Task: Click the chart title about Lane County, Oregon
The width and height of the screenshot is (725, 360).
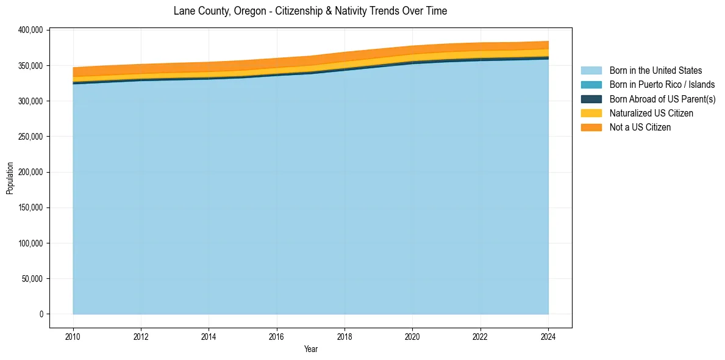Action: (x=310, y=11)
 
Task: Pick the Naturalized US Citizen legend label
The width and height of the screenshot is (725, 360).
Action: (x=651, y=113)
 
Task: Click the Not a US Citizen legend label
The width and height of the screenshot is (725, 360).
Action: (x=640, y=127)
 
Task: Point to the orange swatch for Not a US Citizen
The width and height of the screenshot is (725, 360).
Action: (x=591, y=127)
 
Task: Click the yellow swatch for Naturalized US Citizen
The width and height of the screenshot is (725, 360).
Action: (x=591, y=113)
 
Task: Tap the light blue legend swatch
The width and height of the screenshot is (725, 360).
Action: (x=591, y=71)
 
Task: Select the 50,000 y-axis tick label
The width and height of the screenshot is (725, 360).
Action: (x=30, y=279)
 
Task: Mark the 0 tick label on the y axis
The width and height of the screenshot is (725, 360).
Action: (x=41, y=314)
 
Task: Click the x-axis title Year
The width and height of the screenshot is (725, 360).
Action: (x=310, y=349)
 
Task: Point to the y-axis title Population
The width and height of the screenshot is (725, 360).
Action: (x=10, y=178)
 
